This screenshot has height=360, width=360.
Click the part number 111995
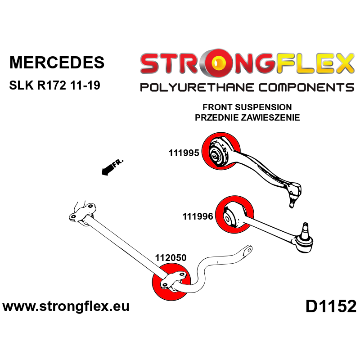(184, 153)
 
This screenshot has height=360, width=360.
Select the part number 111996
(198, 216)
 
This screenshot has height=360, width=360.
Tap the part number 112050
(171, 258)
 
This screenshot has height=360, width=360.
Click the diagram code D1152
(331, 307)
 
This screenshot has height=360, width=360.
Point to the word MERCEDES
(57, 63)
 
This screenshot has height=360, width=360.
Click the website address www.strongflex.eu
(66, 307)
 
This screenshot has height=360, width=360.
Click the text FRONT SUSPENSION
(247, 108)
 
